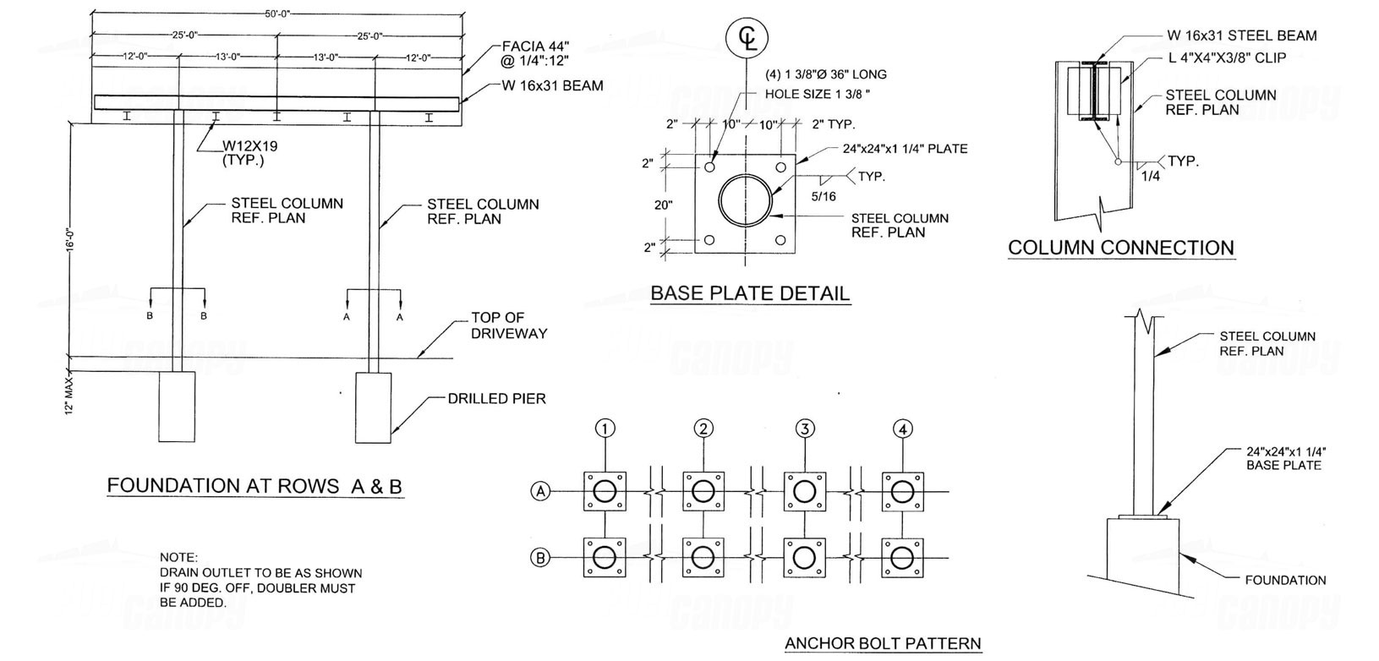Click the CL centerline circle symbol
747,39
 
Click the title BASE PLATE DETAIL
749,293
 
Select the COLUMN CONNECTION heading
1121,248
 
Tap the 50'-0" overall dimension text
277,14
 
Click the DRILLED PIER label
496,398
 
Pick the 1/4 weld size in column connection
1151,177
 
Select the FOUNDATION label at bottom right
1285,580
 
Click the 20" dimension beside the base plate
662,205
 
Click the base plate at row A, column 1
605,491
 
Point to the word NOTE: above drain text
178,558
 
